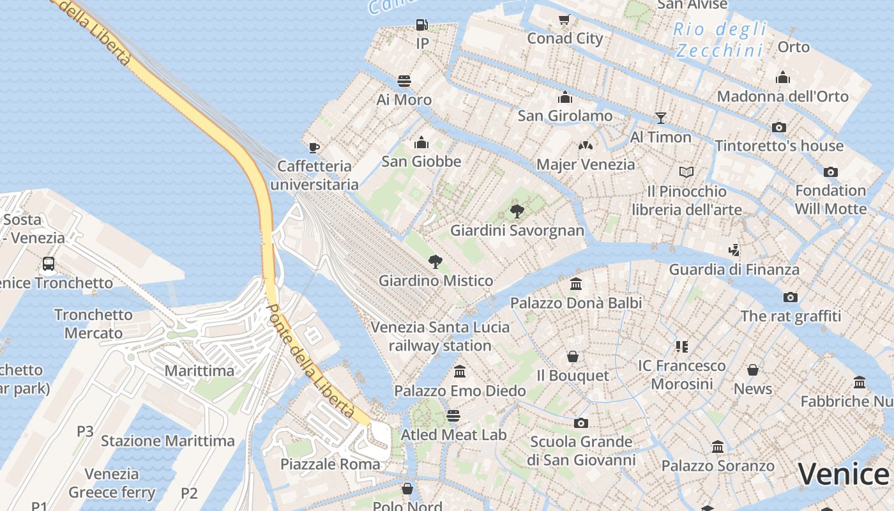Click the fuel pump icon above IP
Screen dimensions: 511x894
coord(421,25)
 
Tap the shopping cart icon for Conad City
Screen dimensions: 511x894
coord(564,20)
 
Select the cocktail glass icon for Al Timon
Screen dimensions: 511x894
coord(660,118)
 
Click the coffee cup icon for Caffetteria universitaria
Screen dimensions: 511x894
coord(314,148)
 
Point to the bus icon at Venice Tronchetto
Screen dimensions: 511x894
coord(48,264)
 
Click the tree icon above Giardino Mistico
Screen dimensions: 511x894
coord(436,261)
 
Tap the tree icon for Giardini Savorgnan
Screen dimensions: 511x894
coord(517,211)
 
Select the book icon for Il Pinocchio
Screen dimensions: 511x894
coord(686,172)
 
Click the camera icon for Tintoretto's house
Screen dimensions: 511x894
coord(778,127)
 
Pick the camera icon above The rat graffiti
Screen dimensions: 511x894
coord(790,297)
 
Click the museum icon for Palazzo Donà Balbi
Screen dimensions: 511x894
coord(576,284)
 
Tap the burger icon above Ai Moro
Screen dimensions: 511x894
coord(404,81)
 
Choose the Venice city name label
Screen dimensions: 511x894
coord(843,474)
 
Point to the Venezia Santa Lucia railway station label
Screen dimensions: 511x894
coord(441,337)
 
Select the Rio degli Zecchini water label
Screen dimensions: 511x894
coord(720,40)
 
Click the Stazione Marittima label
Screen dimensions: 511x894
coord(168,441)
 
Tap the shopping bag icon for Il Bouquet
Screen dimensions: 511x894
coord(573,356)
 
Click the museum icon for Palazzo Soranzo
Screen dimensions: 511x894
coord(718,447)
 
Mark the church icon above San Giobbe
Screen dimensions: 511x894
coord(421,142)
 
